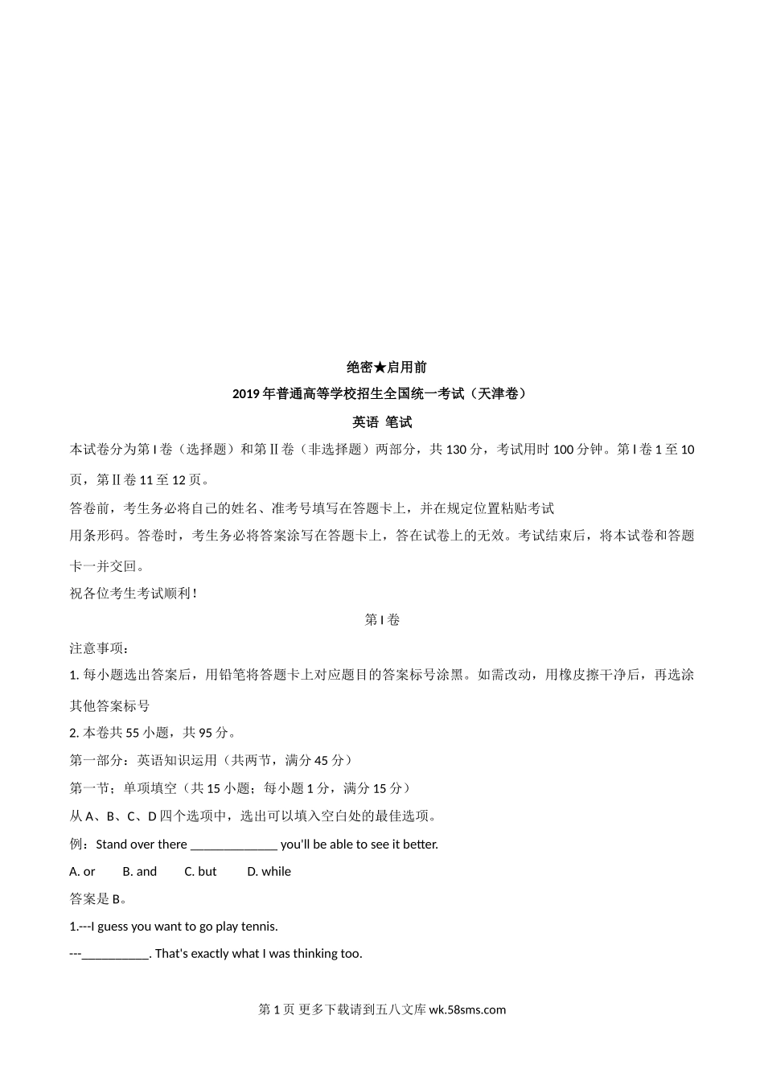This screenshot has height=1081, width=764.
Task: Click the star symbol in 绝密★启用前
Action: click(380, 368)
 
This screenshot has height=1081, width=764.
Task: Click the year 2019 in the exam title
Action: click(245, 394)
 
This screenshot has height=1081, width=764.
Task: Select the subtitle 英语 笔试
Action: click(382, 421)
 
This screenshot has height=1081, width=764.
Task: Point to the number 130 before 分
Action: click(456, 450)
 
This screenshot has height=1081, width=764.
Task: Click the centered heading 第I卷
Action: click(382, 620)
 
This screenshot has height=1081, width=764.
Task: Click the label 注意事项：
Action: click(99, 648)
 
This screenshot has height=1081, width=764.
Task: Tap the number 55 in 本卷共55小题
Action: click(133, 733)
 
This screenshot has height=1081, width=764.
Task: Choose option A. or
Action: click(83, 872)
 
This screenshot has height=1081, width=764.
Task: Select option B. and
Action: click(140, 872)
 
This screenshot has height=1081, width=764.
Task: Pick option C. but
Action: click(201, 872)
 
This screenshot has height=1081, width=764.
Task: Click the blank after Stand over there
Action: click(234, 845)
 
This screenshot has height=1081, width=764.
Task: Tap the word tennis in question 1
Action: click(259, 927)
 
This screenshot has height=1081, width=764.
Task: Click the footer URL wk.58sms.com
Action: click(468, 1010)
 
